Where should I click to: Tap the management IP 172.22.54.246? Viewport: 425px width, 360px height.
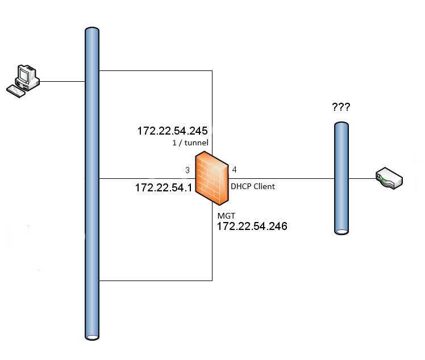[x=252, y=226]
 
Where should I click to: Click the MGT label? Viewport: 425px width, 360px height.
[x=225, y=216]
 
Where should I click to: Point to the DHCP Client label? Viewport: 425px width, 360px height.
[x=252, y=186]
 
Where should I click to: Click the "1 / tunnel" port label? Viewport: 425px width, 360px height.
[x=190, y=143]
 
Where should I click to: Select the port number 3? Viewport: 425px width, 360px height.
[x=187, y=170]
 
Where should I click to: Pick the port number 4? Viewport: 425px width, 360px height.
[x=235, y=169]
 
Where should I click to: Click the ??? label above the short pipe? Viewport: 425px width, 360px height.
[x=341, y=107]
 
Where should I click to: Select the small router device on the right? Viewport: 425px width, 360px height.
[x=389, y=178]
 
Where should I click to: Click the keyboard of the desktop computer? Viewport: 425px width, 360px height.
[x=16, y=90]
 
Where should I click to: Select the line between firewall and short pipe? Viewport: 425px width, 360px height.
[x=284, y=178]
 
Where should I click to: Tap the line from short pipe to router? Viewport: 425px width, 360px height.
[x=361, y=178]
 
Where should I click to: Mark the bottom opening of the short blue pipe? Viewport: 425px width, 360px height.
[x=341, y=231]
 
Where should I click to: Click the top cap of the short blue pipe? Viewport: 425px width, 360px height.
[x=341, y=124]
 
